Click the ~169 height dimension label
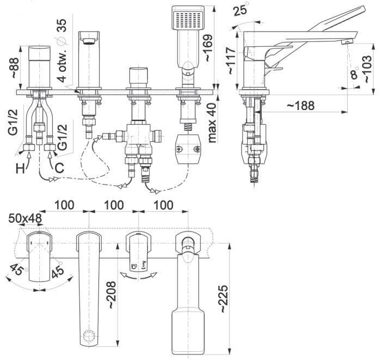pyautogui.click(x=209, y=48)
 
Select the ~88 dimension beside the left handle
pyautogui.click(x=14, y=68)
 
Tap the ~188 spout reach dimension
pyautogui.click(x=301, y=106)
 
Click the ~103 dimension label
pyautogui.click(x=367, y=69)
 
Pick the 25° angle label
pyautogui.click(x=241, y=10)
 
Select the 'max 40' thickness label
pyautogui.click(x=212, y=123)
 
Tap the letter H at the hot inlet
pyautogui.click(x=20, y=168)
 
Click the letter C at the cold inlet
pyautogui.click(x=59, y=168)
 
